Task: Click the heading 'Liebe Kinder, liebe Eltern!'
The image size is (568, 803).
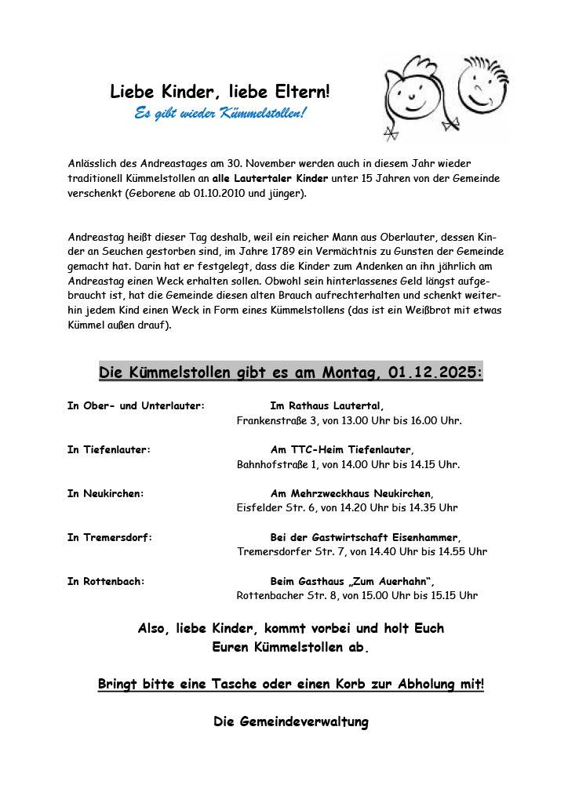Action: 220,92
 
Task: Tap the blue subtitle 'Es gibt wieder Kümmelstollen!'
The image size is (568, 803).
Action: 220,114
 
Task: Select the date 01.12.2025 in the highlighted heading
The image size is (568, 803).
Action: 434,372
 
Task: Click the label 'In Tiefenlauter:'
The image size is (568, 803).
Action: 109,450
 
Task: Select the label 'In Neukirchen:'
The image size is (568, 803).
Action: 106,493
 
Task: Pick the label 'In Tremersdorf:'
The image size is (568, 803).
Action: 110,537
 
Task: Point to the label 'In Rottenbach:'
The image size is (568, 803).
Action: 107,581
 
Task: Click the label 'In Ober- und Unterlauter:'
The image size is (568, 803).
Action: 136,406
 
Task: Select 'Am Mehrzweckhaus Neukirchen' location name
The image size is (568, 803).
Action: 351,493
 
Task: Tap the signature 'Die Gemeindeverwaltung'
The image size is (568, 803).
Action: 290,721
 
